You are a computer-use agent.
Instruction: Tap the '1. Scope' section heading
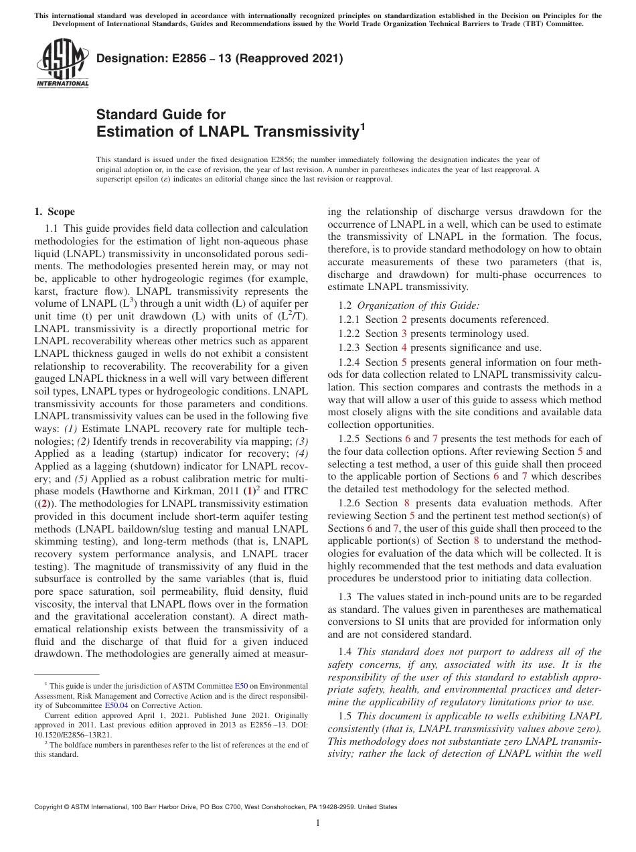click(x=55, y=212)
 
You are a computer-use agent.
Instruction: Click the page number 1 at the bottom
click(x=318, y=823)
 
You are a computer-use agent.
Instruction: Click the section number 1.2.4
click(x=349, y=362)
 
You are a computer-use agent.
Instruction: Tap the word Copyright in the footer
click(x=50, y=807)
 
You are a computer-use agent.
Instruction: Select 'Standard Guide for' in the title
click(x=161, y=115)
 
